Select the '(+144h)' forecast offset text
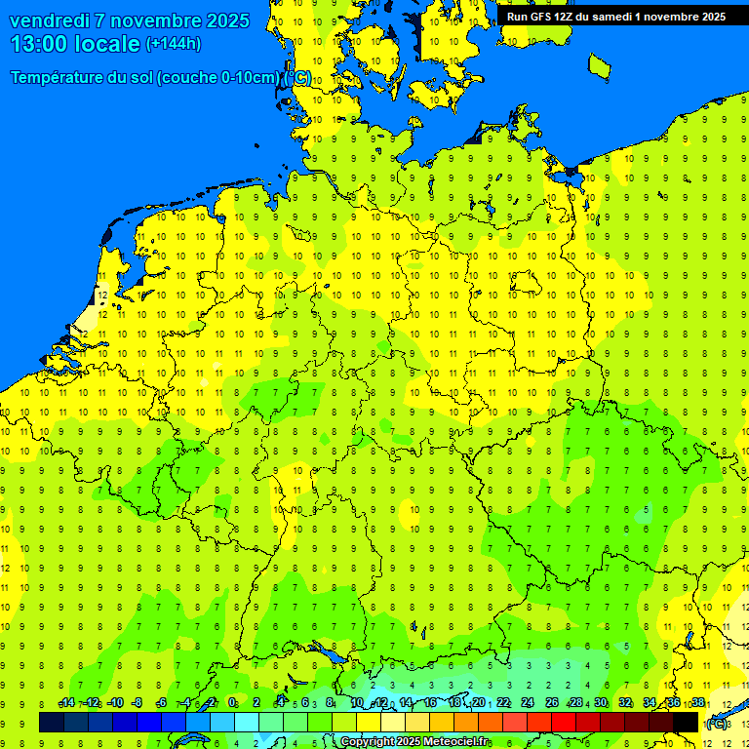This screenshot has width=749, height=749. tap(173, 43)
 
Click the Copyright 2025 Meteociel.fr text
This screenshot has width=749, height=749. tap(414, 742)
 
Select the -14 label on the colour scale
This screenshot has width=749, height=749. tap(66, 703)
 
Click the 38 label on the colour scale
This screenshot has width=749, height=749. tap(698, 703)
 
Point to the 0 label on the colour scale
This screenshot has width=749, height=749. tap(232, 703)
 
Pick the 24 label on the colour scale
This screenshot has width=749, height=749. tap(528, 703)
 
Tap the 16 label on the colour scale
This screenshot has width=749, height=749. tap(430, 703)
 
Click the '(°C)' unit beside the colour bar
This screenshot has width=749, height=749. tap(717, 723)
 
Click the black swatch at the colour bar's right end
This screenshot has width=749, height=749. tap(686, 722)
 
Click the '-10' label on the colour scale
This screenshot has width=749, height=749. tap(115, 703)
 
